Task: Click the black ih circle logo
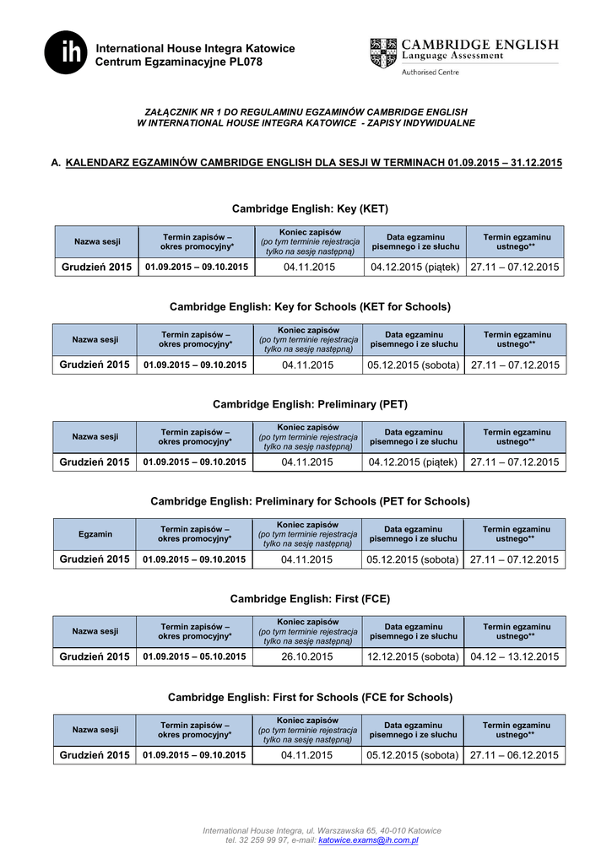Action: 67,52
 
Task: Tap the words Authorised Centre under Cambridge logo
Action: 431,73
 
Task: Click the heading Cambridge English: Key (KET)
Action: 310,208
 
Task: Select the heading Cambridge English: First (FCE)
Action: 310,599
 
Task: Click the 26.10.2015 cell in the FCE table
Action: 307,657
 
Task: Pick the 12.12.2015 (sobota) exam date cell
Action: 413,657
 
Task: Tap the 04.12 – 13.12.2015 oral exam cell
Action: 515,657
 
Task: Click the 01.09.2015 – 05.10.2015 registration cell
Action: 195,657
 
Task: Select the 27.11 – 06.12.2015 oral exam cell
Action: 515,755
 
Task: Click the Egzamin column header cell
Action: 95,534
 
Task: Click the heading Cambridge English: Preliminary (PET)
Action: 310,404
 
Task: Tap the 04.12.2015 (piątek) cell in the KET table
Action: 414,267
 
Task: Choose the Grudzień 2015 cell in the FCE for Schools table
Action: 95,755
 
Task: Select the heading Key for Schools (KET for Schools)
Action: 310,306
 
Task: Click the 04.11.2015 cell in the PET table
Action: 307,462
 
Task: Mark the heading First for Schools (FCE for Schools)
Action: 310,697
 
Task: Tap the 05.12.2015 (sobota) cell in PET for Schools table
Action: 413,559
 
